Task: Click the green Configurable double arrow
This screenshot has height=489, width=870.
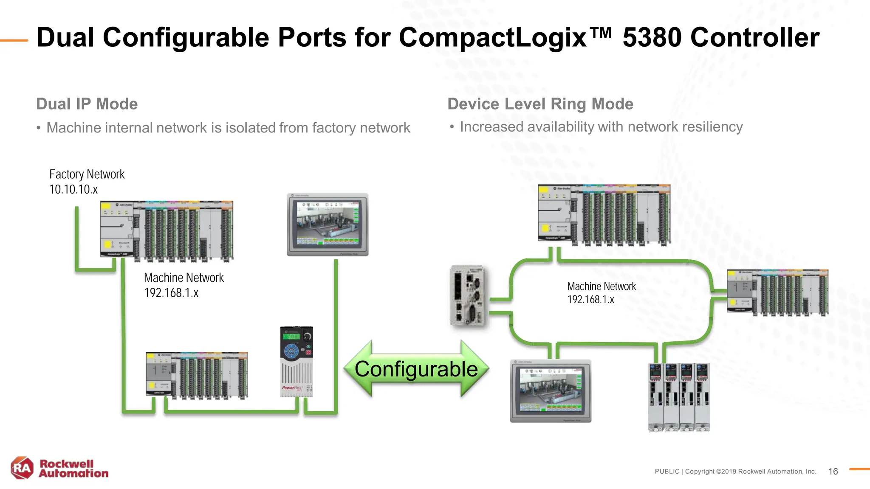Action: [416, 369]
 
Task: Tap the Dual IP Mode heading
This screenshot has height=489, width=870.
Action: [87, 104]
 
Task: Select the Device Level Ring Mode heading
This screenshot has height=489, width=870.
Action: [540, 104]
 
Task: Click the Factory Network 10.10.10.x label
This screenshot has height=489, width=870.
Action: [87, 182]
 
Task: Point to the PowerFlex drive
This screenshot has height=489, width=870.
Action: [297, 362]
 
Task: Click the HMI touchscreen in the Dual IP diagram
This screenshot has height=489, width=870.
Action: [328, 225]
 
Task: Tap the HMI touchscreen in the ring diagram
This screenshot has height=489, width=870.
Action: [551, 391]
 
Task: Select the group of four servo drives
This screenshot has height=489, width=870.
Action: [678, 397]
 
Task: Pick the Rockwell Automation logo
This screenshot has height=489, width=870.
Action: [59, 468]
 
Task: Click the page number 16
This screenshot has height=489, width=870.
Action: [833, 472]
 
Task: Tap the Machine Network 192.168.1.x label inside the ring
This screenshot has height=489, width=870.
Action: [601, 293]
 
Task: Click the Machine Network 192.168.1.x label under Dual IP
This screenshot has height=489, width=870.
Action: [184, 285]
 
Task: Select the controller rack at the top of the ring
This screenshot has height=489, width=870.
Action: [604, 215]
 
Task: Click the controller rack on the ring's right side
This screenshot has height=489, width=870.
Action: [777, 292]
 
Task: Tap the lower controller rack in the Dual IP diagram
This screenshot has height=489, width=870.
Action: [197, 375]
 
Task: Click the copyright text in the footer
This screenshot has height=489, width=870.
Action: [735, 472]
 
